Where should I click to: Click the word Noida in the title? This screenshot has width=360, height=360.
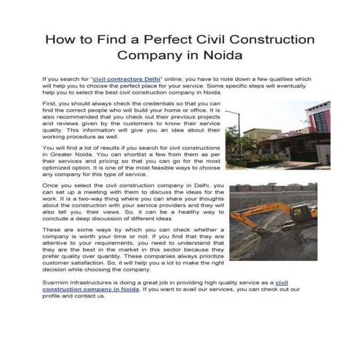[220, 55]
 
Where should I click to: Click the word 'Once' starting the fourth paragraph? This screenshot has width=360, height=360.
[51, 187]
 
